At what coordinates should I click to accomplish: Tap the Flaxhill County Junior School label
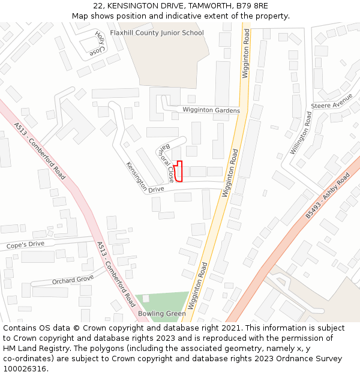[x=157, y=33]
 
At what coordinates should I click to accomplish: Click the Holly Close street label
[x=98, y=44]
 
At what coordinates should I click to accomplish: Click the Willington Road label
[x=302, y=133]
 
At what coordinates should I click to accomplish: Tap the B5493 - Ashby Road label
[x=327, y=196]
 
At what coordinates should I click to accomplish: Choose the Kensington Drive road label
[x=145, y=177]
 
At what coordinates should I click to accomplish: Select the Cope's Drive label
[x=25, y=244]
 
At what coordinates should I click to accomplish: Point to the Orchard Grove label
[x=73, y=280]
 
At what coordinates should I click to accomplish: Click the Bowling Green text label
[x=162, y=314]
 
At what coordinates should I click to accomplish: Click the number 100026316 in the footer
[x=24, y=368]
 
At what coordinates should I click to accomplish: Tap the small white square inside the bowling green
[x=146, y=298]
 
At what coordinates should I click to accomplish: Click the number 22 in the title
[x=98, y=6]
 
